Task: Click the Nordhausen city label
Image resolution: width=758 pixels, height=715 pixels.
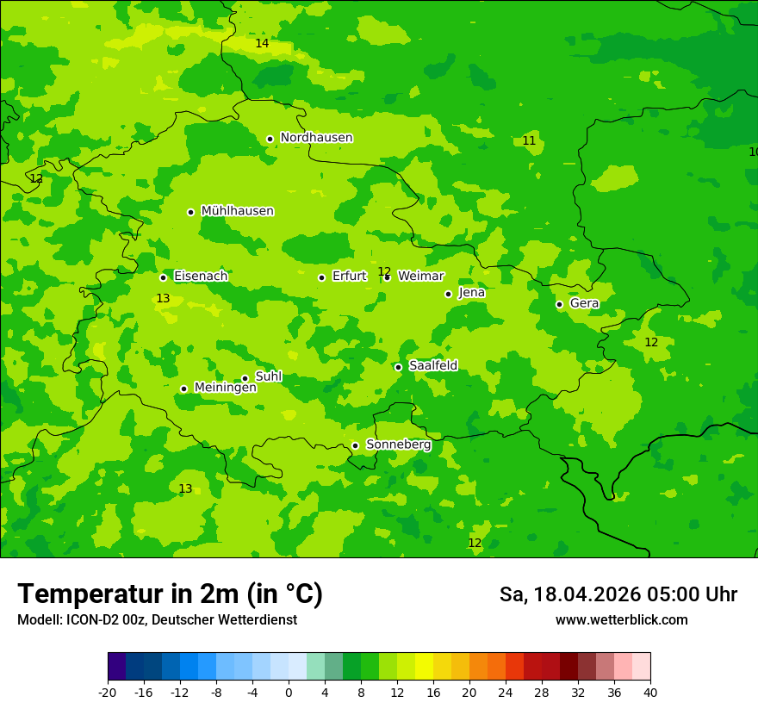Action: (x=316, y=138)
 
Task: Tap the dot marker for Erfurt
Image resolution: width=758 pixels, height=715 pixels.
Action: (x=321, y=277)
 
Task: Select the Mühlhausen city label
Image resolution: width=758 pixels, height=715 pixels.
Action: (x=237, y=211)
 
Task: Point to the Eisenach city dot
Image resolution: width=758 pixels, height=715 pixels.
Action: (x=163, y=277)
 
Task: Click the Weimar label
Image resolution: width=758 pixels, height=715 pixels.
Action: (x=420, y=277)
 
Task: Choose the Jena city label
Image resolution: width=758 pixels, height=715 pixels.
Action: (x=471, y=293)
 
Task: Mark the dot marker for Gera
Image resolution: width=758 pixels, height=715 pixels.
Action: (x=559, y=304)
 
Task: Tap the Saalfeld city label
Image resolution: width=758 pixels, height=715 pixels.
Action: (x=432, y=366)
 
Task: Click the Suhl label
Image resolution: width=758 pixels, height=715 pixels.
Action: (x=268, y=377)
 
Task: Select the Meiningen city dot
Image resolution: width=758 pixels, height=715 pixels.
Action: (x=183, y=389)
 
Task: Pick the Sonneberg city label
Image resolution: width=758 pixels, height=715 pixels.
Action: (x=398, y=445)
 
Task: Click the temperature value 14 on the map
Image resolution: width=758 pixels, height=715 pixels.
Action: (x=262, y=44)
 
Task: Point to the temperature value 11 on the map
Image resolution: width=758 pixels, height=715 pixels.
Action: (x=529, y=141)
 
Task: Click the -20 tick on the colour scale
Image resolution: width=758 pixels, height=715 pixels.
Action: (x=108, y=692)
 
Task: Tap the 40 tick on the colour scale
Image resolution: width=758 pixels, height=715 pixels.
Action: (x=650, y=692)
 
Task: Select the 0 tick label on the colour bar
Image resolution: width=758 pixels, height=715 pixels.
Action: (x=289, y=692)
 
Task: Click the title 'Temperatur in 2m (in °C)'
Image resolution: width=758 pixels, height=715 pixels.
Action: (x=170, y=594)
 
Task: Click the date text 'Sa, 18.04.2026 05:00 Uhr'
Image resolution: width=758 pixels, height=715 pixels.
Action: (x=618, y=595)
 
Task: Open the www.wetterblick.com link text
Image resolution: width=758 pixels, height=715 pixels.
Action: (x=621, y=620)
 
